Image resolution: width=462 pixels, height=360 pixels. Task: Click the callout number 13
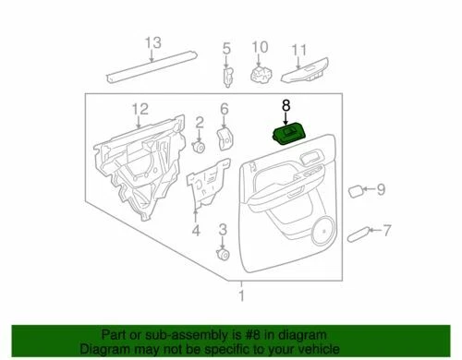(x=152, y=42)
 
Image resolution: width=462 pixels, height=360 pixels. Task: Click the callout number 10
(x=260, y=47)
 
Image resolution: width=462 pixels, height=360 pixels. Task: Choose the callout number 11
(x=298, y=49)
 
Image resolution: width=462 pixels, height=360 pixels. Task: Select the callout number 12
(x=140, y=111)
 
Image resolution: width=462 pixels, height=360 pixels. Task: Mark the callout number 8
(x=286, y=107)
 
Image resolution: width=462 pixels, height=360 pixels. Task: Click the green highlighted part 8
(x=288, y=136)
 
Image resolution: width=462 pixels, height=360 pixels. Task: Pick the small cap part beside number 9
(x=356, y=191)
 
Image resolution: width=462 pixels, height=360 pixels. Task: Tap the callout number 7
(x=387, y=230)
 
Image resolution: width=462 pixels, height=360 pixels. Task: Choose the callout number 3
(x=223, y=228)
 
